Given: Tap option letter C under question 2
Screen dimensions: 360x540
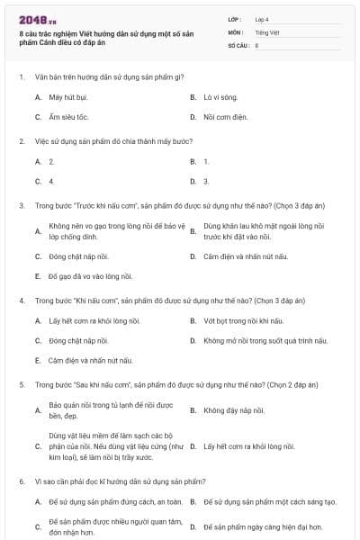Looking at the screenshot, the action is (38, 181).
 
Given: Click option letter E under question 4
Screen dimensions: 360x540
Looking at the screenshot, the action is (38, 361).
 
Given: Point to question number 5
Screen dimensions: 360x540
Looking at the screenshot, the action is (21, 384).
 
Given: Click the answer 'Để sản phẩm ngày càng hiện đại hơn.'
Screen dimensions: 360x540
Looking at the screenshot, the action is (257, 526).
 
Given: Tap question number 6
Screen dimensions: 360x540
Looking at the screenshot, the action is (21, 481).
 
